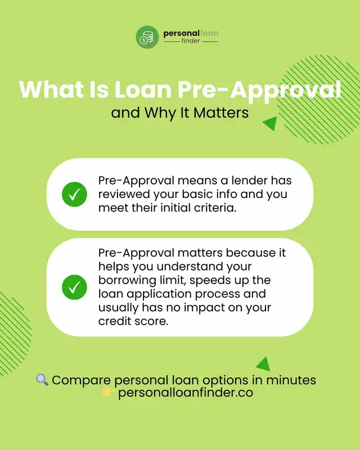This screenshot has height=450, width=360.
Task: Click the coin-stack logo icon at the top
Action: click(x=147, y=37)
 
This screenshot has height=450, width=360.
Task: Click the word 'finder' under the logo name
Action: click(x=191, y=41)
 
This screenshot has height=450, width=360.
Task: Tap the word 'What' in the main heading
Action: click(x=48, y=90)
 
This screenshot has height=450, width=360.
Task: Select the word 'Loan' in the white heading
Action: click(x=143, y=90)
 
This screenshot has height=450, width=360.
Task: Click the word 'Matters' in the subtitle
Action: click(x=221, y=112)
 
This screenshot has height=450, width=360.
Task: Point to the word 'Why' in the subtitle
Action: click(x=160, y=113)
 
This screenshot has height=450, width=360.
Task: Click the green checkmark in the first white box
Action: click(x=74, y=194)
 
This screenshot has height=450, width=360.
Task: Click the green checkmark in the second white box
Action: click(x=74, y=287)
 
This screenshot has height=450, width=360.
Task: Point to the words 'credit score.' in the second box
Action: click(x=133, y=321)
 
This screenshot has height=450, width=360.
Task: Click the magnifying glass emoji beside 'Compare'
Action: click(x=42, y=380)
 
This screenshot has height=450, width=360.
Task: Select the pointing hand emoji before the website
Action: click(x=109, y=392)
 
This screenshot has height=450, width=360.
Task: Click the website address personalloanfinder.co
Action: click(x=186, y=393)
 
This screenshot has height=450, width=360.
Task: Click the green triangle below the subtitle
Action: click(x=270, y=123)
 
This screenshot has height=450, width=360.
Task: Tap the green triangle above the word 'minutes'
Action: click(x=263, y=363)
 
